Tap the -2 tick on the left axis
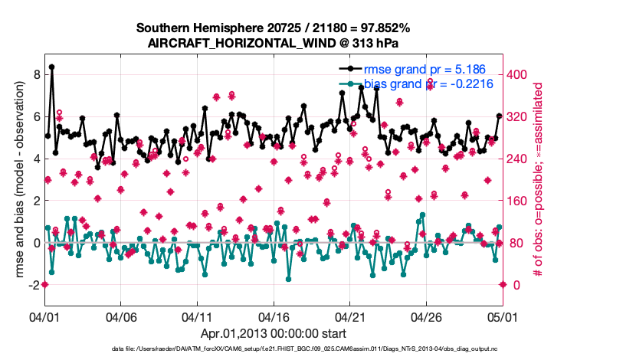pos(33,285)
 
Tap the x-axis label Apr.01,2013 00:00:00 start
pos(273,334)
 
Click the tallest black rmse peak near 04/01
pos(52,67)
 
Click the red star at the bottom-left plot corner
pos(44,284)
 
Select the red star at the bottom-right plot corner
pos(503,284)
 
